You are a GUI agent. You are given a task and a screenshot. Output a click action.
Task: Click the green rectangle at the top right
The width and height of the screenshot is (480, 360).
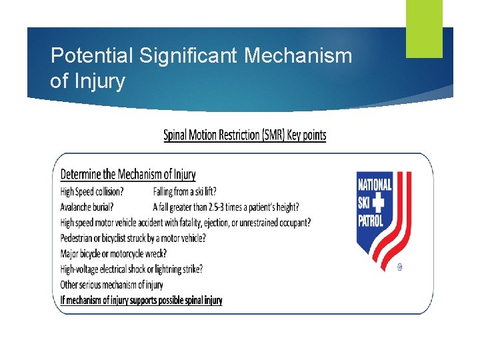(x=424, y=28)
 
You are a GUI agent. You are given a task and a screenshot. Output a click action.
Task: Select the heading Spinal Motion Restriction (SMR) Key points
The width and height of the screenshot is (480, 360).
(x=245, y=135)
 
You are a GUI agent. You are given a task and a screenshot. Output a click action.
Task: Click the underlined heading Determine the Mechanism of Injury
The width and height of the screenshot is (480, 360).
(x=128, y=175)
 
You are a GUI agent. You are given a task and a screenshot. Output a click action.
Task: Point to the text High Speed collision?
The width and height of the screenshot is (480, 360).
(x=92, y=191)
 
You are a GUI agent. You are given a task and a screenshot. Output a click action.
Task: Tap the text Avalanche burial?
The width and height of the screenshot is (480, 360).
(x=86, y=207)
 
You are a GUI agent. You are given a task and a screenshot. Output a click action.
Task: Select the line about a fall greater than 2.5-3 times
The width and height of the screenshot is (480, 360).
(x=225, y=207)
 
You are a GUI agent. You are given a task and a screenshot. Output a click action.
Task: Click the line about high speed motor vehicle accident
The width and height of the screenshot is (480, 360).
(x=185, y=223)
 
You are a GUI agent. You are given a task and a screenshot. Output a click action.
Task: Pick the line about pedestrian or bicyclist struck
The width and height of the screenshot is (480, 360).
(x=133, y=238)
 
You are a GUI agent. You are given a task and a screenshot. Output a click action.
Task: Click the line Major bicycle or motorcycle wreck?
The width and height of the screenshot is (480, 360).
(x=113, y=253)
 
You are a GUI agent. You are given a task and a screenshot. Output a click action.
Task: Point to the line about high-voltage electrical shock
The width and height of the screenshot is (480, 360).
(x=131, y=269)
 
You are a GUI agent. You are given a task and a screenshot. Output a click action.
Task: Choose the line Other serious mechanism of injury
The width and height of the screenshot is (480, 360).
(x=111, y=285)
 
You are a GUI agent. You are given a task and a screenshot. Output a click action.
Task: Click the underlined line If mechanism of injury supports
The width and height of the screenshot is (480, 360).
(x=141, y=301)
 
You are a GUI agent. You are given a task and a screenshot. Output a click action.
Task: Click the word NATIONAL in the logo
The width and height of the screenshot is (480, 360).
(x=375, y=184)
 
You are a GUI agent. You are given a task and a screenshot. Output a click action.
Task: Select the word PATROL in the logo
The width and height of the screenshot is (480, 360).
(x=371, y=219)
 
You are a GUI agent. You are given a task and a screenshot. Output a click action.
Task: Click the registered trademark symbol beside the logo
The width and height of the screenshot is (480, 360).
(x=399, y=268)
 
